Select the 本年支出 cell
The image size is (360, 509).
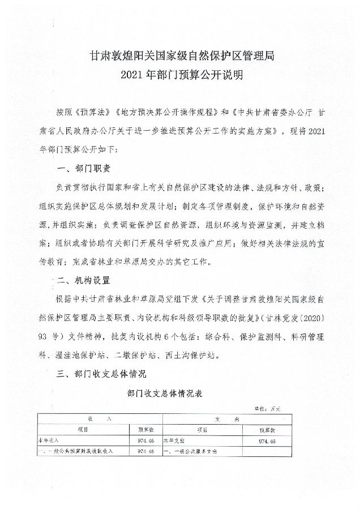pyautogui.click(x=176, y=439)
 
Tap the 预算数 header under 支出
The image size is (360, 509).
pyautogui.click(x=266, y=429)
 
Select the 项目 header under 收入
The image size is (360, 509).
pyautogui.click(x=83, y=429)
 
